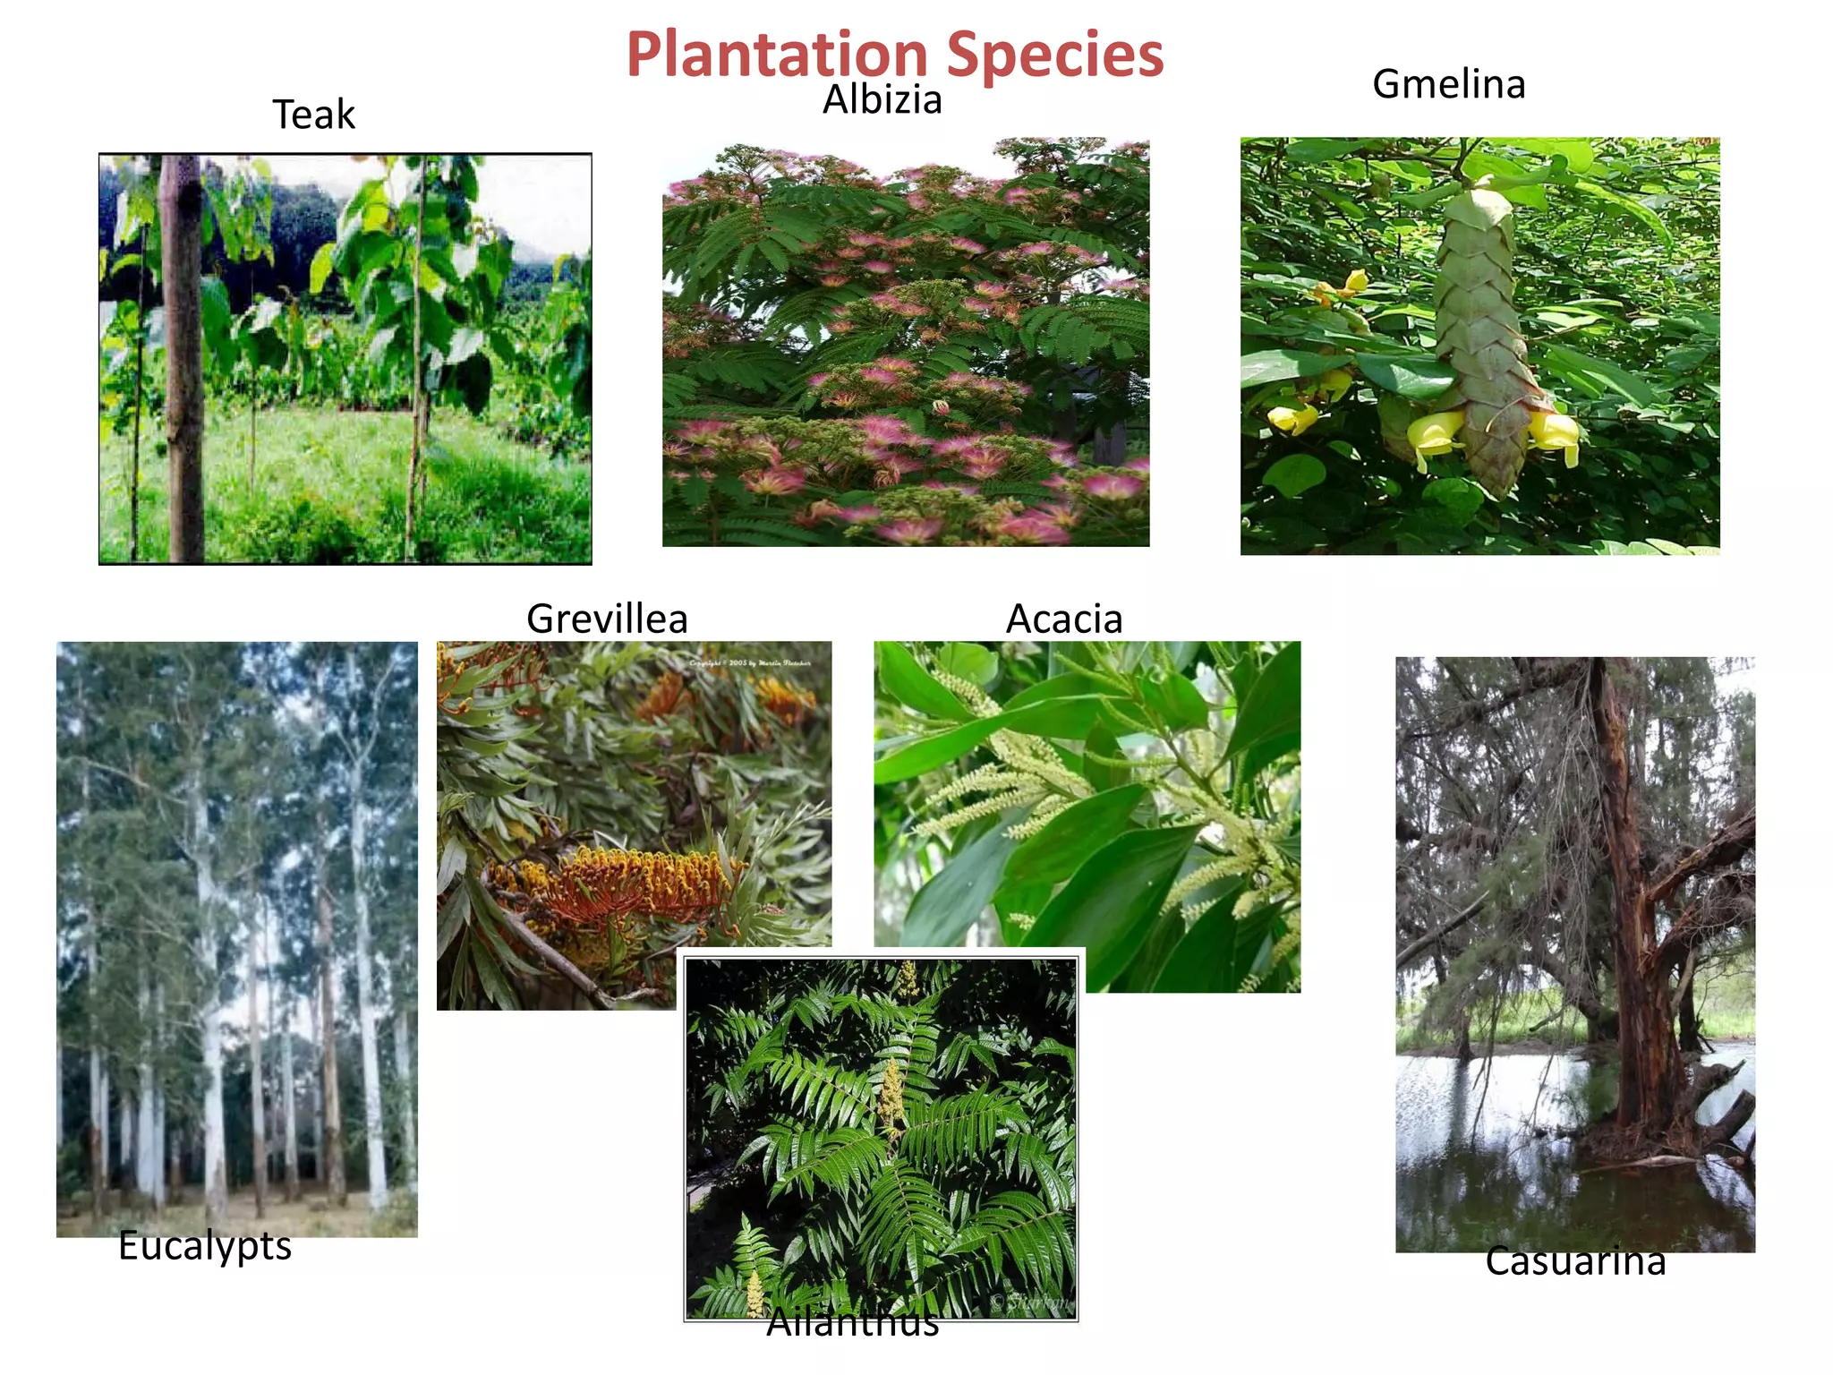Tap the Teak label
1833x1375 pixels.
click(x=313, y=115)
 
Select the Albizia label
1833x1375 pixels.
click(x=882, y=99)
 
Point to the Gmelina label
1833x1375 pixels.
click(x=1448, y=84)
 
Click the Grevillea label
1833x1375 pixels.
click(x=607, y=619)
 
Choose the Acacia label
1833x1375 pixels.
click(x=1063, y=619)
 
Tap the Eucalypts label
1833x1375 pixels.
click(x=205, y=1245)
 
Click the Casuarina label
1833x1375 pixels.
click(x=1575, y=1261)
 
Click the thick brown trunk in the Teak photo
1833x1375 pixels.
click(x=183, y=358)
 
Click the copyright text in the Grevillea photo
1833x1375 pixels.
click(x=750, y=663)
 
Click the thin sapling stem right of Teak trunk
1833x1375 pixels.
click(x=417, y=358)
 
